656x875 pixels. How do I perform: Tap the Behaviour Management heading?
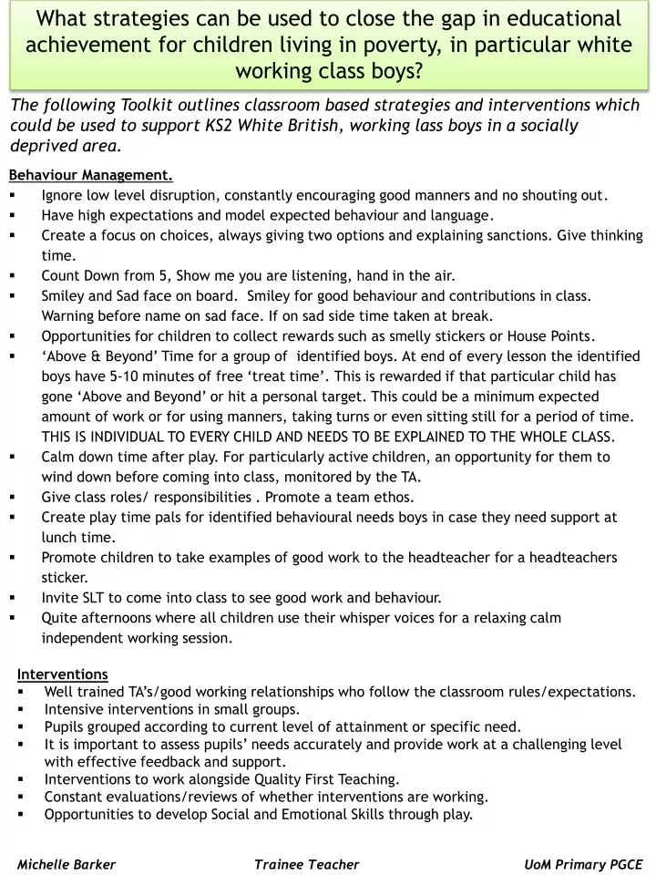tap(91, 175)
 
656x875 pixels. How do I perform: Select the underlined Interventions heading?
tap(63, 674)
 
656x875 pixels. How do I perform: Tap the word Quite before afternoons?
tap(61, 617)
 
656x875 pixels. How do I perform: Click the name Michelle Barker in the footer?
tap(67, 864)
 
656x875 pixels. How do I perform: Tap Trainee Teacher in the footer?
tap(307, 864)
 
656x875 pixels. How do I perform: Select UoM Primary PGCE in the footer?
tap(583, 864)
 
